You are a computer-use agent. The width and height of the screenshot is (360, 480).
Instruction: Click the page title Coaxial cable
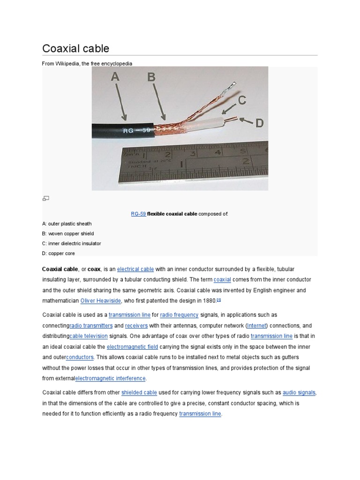pyautogui.click(x=75, y=48)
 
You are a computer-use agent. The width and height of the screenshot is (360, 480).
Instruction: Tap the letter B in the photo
pyautogui.click(x=151, y=77)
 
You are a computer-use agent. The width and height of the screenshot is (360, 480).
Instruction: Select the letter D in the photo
pyautogui.click(x=259, y=123)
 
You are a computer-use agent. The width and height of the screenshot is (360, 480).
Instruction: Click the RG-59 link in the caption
pyautogui.click(x=138, y=214)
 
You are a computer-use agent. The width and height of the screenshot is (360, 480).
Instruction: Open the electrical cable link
pyautogui.click(x=135, y=270)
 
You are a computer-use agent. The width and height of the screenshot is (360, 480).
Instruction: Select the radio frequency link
pyautogui.click(x=179, y=315)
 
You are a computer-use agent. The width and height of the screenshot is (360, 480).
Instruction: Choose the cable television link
pyautogui.click(x=89, y=336)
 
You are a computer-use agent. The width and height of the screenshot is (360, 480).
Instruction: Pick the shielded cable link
pyautogui.click(x=138, y=392)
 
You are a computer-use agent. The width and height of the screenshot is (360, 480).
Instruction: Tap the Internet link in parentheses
pyautogui.click(x=256, y=325)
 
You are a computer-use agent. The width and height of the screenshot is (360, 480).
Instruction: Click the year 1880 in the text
pyautogui.click(x=209, y=300)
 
